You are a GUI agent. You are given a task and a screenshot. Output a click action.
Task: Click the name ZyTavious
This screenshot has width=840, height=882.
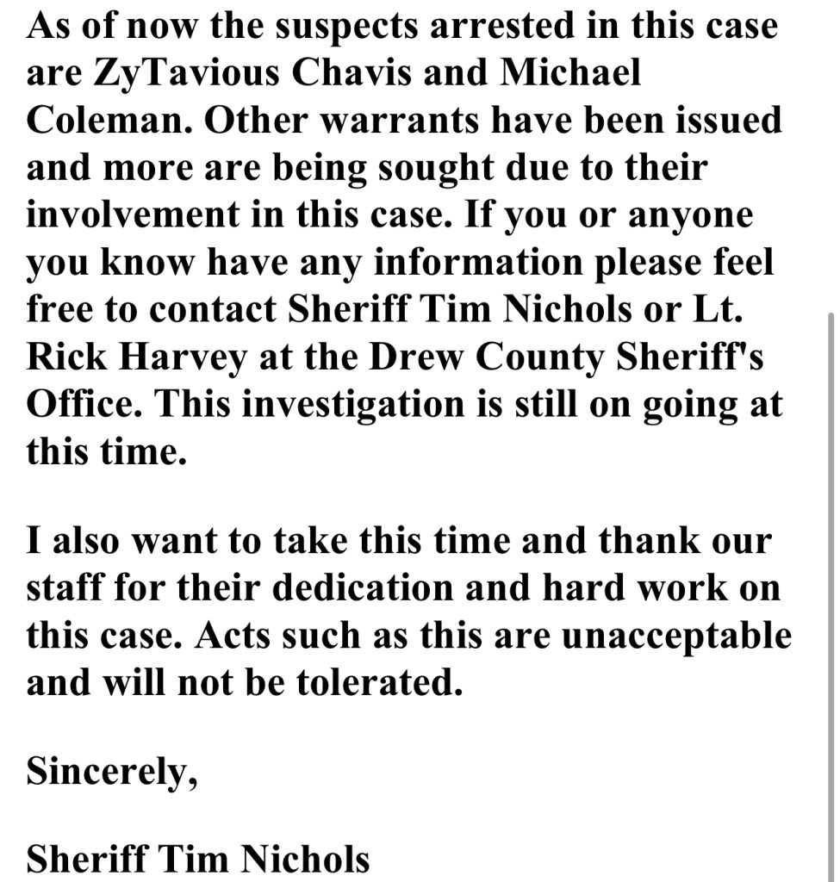179,72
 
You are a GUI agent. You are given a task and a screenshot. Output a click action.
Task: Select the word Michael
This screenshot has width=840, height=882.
573,72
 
